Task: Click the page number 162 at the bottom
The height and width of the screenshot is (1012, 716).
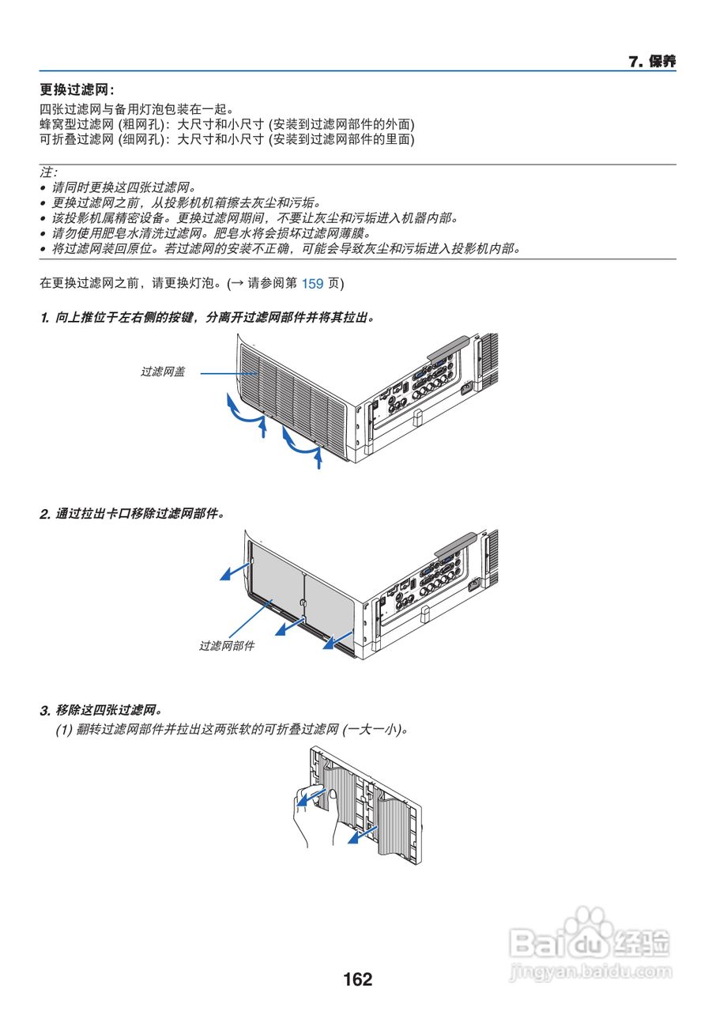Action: (x=357, y=980)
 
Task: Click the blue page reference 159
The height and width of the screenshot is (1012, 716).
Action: (x=313, y=283)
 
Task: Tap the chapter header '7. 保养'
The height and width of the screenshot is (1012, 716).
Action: (x=652, y=62)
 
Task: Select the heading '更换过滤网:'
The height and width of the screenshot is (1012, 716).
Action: (x=77, y=91)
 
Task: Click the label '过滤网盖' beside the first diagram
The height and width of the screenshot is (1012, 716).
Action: (x=163, y=371)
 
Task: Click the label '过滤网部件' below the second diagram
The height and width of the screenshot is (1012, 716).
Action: (x=227, y=646)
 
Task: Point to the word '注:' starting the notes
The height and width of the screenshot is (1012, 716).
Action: (x=48, y=172)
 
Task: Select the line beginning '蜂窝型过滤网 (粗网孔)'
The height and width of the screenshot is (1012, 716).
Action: (x=226, y=124)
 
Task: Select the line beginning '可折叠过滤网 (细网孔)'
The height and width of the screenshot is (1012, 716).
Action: (x=226, y=139)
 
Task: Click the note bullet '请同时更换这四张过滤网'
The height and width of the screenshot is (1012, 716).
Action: (x=122, y=187)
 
